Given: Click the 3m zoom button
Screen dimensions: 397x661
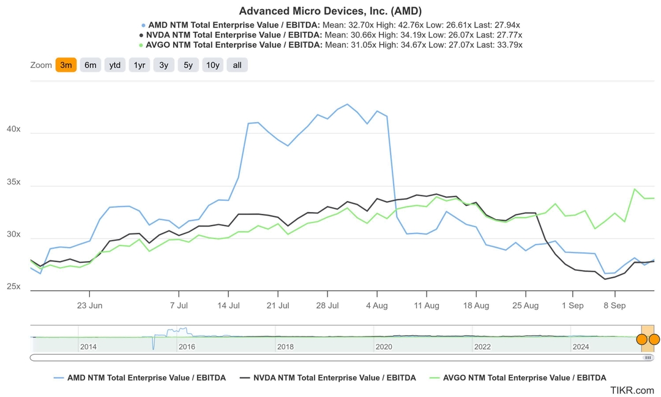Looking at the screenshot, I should point(66,65).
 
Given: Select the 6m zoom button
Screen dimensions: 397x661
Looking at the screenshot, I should point(91,65).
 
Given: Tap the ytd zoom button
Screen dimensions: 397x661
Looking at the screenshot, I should point(114,65).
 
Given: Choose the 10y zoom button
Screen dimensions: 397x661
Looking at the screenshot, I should point(212,65).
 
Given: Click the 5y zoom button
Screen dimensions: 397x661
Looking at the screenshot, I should point(188,65).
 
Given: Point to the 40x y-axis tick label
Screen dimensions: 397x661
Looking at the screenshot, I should point(13,129).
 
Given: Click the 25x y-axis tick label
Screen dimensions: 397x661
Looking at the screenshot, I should point(13,287).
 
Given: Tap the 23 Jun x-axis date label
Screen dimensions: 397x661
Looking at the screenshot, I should point(89,305).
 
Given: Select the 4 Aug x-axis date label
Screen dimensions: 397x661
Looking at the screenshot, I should point(377,305).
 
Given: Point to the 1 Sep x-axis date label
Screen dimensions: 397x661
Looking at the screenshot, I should point(573,305).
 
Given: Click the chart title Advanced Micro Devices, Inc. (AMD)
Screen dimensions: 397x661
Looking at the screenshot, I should point(330,11).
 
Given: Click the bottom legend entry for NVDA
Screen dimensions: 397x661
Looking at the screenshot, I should point(334,378).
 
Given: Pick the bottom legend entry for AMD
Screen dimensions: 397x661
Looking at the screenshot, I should point(146,378).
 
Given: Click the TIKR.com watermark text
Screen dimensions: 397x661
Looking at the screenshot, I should point(632,390).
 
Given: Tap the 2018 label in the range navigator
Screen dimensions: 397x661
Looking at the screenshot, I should point(285,347).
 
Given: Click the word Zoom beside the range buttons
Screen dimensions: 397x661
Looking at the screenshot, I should point(41,65).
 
